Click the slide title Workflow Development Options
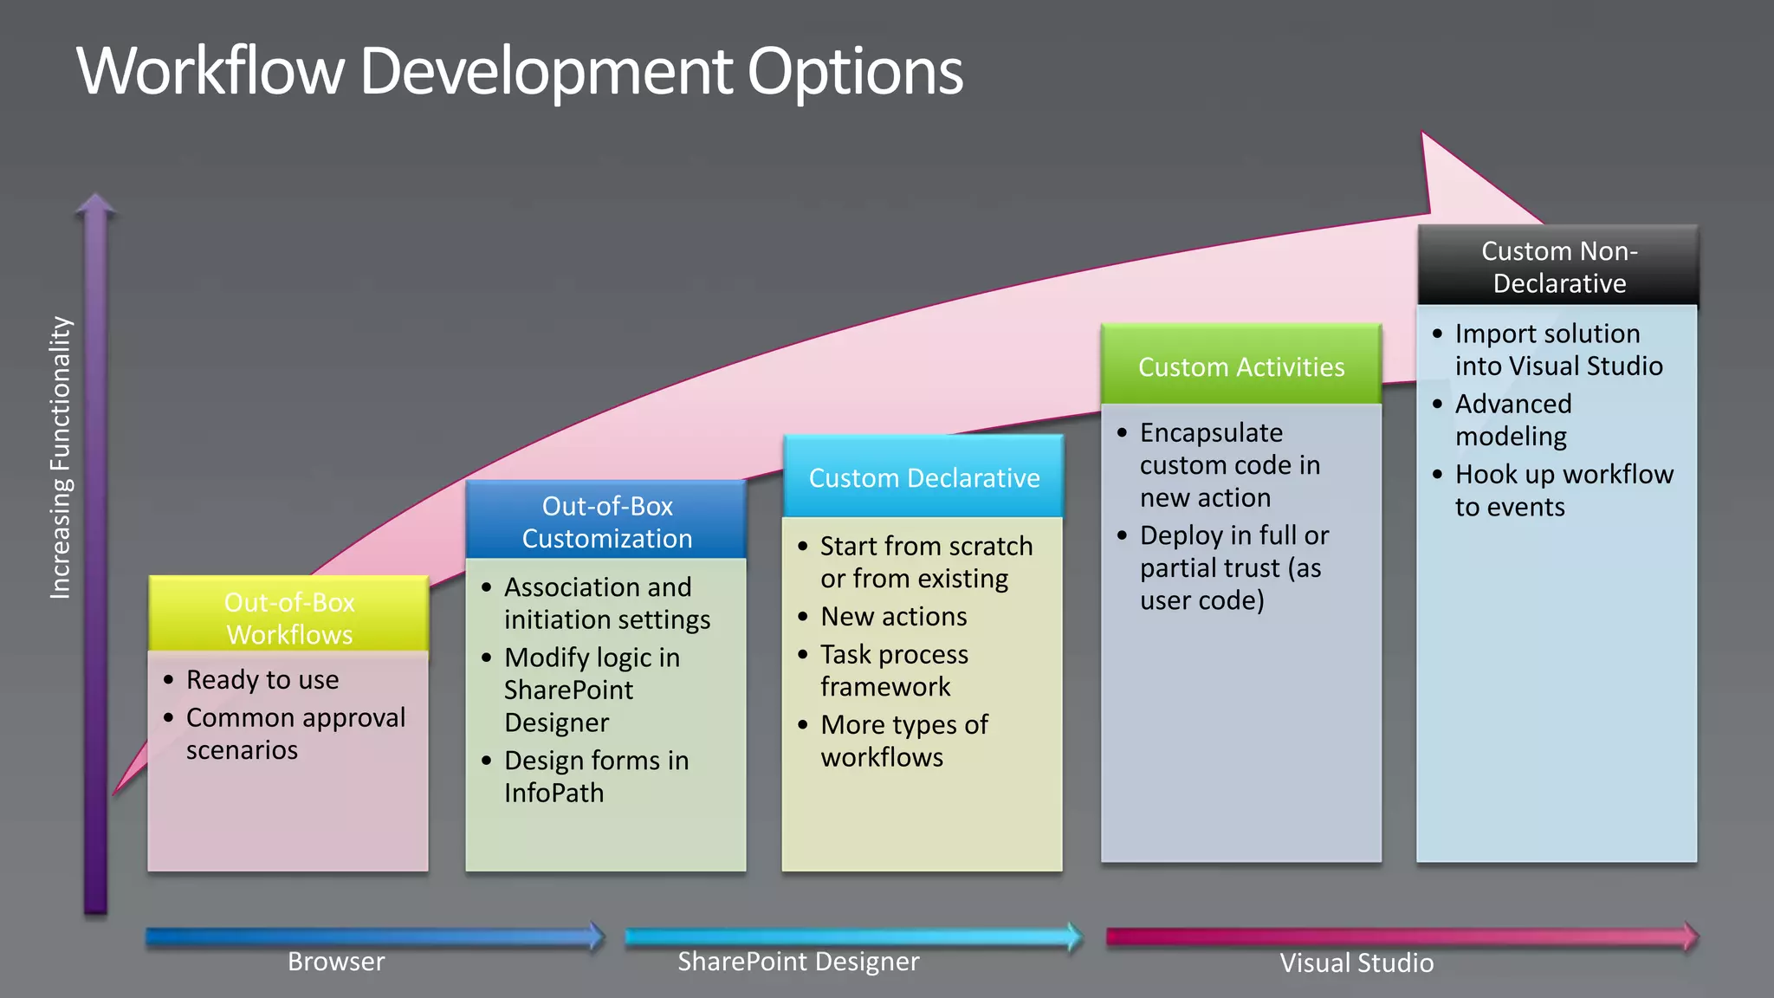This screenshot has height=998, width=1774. point(520,71)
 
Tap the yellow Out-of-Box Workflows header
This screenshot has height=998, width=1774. point(288,617)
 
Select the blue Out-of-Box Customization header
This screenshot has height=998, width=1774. point(606,521)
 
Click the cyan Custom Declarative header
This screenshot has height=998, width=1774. point(923,477)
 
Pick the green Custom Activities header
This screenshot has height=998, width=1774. point(1240,366)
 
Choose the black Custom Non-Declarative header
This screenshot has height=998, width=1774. point(1558,266)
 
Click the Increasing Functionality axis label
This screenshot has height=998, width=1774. point(60,457)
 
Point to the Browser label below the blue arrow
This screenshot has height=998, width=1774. point(336,961)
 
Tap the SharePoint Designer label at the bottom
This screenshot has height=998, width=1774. point(798,961)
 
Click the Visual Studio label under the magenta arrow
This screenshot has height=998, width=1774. point(1356,962)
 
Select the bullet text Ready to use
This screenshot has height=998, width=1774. point(262,679)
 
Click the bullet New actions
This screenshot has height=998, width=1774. point(893,616)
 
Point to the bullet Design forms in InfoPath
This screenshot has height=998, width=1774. point(596,775)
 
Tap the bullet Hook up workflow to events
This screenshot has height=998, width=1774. point(1564,489)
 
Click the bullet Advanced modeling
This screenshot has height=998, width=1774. point(1512,419)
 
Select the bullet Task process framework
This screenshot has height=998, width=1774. point(893,670)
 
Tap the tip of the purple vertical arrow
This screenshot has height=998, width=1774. point(95,202)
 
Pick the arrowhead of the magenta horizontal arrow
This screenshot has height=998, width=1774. point(1689,936)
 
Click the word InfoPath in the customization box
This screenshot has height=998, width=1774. point(554,792)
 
